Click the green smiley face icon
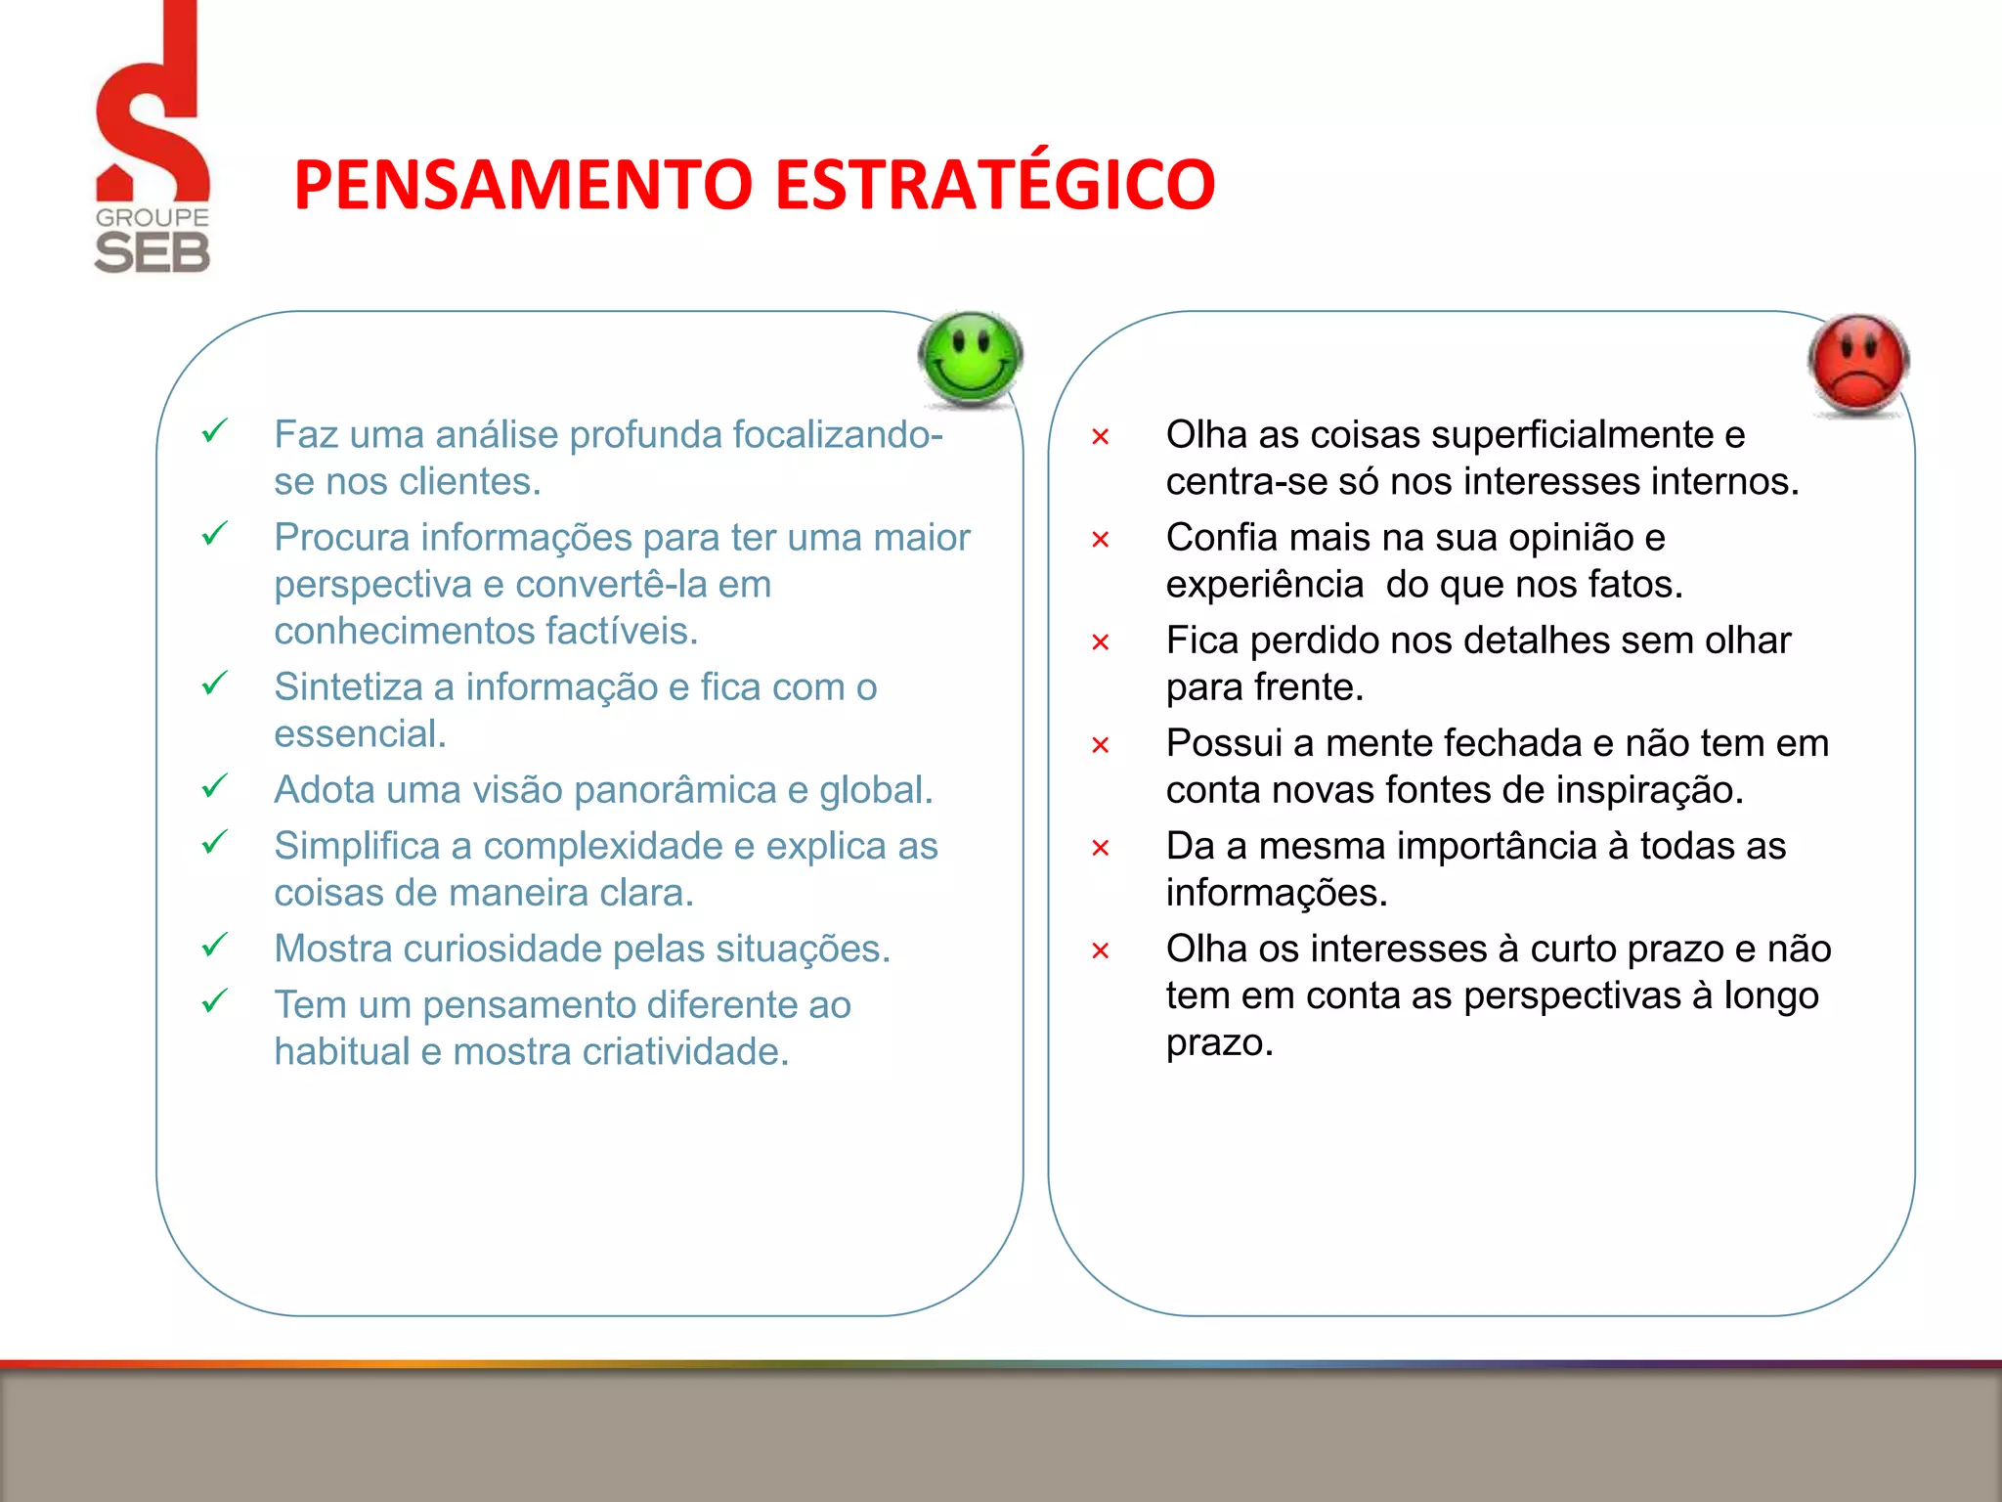971,358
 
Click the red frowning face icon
1858,364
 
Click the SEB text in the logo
152,253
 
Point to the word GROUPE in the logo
152,217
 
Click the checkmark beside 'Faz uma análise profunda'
214,431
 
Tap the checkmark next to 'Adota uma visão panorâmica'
214,786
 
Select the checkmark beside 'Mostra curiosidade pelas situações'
214,946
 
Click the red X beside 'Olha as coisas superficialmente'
1100,437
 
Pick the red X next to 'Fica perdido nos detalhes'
1100,642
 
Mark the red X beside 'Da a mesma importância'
1100,848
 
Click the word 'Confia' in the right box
1221,538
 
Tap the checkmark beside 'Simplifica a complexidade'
214,842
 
